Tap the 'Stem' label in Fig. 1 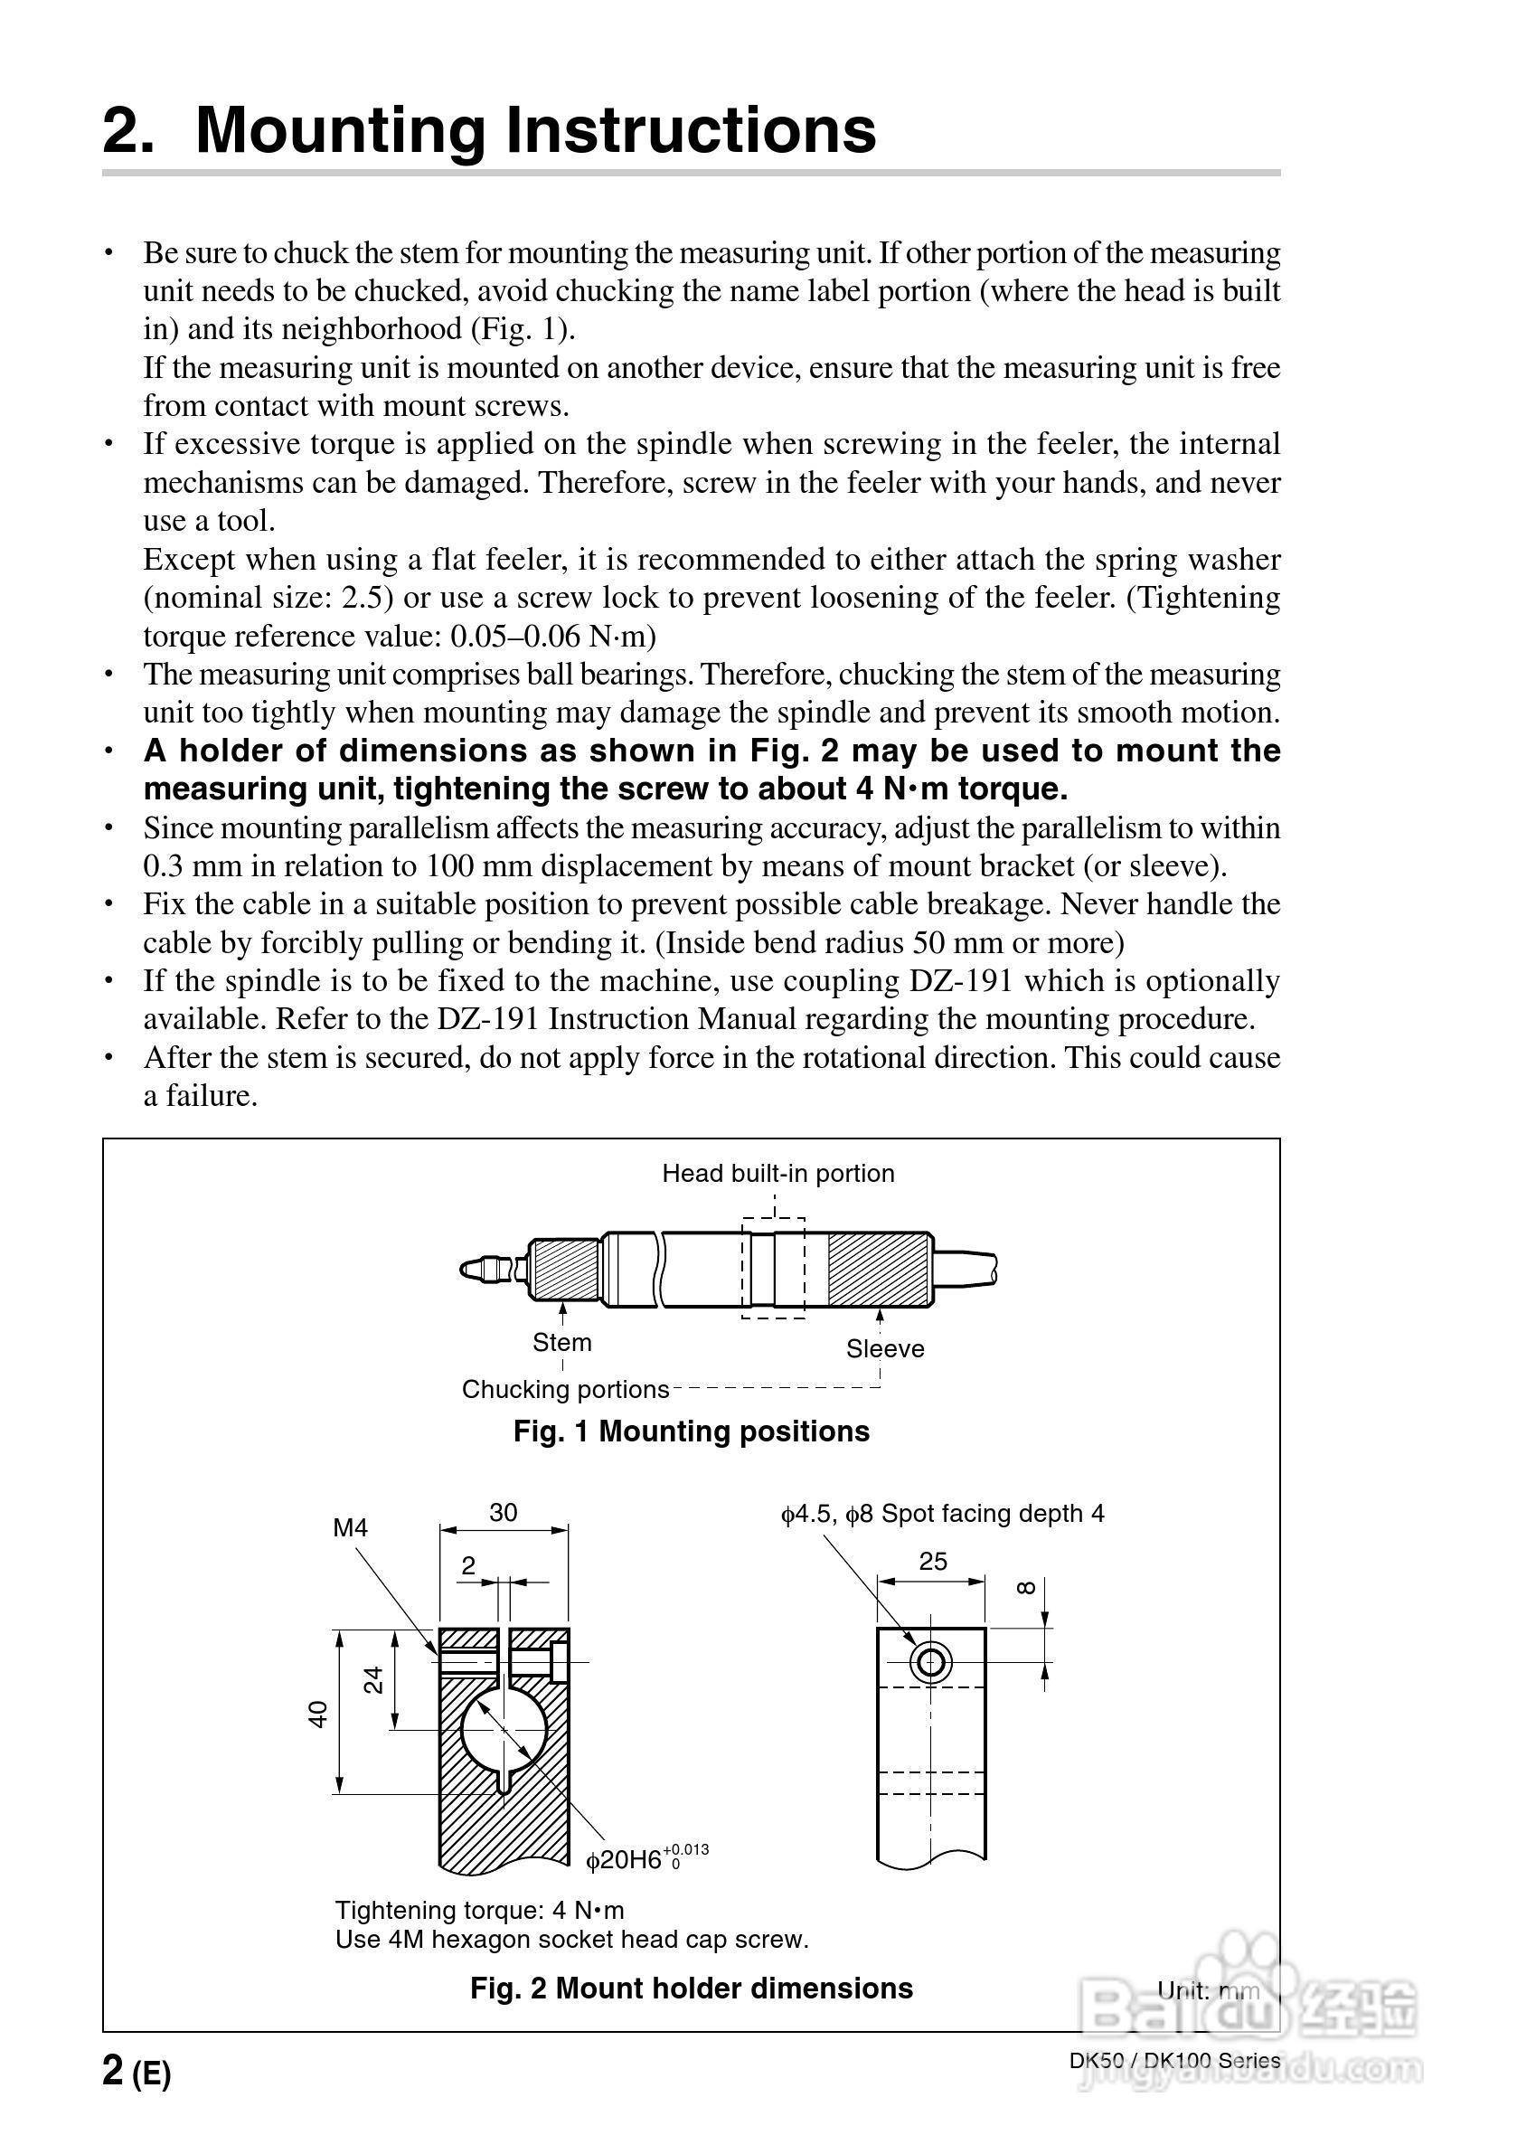click(562, 1343)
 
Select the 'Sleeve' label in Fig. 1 click(885, 1348)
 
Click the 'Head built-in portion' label click(777, 1173)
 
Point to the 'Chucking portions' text click(565, 1389)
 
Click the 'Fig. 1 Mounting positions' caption click(692, 1431)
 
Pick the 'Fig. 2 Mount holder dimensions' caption click(692, 1988)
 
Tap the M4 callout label click(350, 1528)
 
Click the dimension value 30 click(503, 1512)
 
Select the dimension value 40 click(318, 1714)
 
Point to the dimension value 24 click(373, 1679)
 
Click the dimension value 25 click(932, 1561)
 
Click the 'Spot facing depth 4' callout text click(993, 1513)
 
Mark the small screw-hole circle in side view click(930, 1663)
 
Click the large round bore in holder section click(504, 1729)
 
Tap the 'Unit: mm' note click(1209, 1989)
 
